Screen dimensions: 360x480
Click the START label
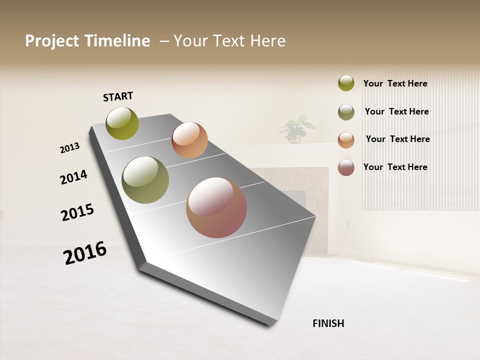pos(118,96)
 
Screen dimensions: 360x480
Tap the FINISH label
pos(328,323)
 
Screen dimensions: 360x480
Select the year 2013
pos(69,148)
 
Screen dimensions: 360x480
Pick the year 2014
pos(73,177)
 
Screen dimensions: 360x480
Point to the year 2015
pos(77,212)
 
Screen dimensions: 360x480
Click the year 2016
pos(85,253)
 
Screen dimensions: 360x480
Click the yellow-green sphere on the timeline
pos(122,123)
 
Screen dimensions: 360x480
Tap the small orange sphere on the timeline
pos(189,140)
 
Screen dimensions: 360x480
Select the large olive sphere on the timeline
pos(145,180)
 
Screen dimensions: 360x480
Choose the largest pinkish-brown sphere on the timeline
pos(216,207)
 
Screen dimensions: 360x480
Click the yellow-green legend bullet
pos(346,83)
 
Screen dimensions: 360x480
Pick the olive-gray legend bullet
pos(346,112)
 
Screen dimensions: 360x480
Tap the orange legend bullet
pos(346,140)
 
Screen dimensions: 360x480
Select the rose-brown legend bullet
pos(346,167)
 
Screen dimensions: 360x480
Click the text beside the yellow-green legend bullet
pos(395,84)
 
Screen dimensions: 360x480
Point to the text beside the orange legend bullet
pos(397,139)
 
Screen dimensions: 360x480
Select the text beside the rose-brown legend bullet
pos(395,167)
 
